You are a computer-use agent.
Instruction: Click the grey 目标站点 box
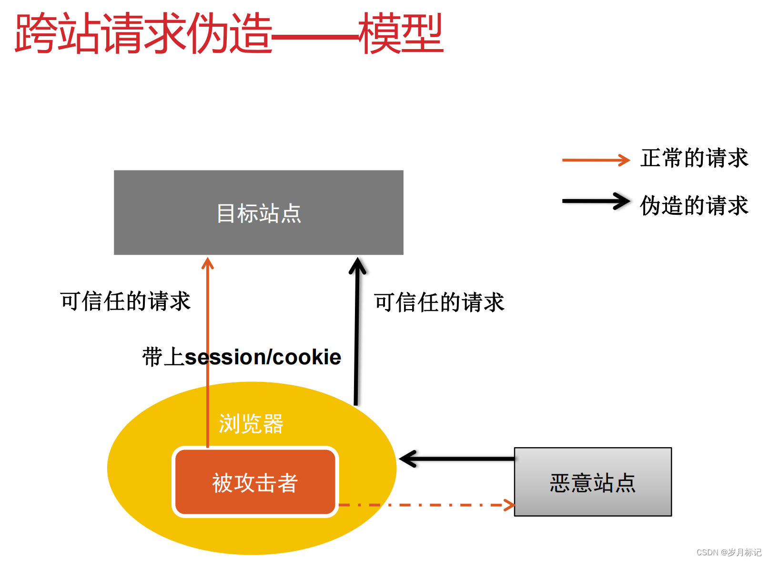pos(258,212)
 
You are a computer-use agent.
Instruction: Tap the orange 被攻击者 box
pos(255,482)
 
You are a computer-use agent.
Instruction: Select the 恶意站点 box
pos(592,482)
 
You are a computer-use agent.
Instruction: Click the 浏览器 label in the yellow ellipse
pos(251,423)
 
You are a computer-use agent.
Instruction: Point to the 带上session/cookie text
pos(242,357)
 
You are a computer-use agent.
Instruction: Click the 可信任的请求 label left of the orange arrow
pos(125,301)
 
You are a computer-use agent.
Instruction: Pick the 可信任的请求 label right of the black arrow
pos(439,302)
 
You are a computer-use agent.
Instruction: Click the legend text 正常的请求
pos(694,158)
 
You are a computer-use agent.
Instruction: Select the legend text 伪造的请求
pos(694,206)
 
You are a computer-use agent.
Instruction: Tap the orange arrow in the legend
pos(596,160)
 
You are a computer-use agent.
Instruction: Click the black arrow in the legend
pos(596,201)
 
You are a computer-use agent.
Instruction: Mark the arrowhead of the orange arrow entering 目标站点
pos(208,263)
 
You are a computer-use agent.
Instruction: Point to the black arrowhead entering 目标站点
pos(357,266)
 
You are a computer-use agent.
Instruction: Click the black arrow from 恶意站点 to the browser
pos(457,459)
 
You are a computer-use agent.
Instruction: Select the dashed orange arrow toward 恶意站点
pos(426,505)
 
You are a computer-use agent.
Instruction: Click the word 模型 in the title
pos(401,33)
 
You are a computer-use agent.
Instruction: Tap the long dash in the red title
pos(315,36)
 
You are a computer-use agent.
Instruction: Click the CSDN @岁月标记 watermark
pos(729,552)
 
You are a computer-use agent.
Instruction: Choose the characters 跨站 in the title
pos(57,33)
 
